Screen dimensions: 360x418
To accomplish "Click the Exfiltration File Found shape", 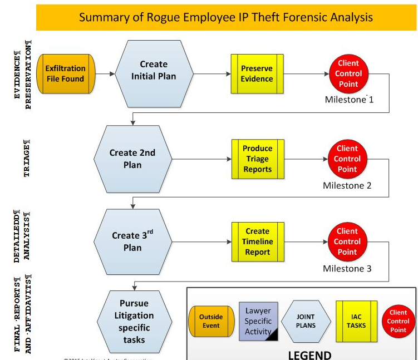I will [65, 73].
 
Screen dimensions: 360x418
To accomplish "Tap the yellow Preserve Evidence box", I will [257, 73].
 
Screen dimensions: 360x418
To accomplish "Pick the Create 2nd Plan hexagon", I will [132, 159].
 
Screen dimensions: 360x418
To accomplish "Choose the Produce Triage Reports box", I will [257, 159].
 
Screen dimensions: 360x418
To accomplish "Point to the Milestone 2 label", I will [347, 185].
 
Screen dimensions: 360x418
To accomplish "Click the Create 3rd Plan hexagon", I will [132, 241].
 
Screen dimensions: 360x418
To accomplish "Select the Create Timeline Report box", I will [257, 241].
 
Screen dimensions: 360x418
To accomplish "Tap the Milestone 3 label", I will [347, 269].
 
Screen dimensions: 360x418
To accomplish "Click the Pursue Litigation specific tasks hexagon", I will [134, 321].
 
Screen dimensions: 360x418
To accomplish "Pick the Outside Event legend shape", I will [211, 321].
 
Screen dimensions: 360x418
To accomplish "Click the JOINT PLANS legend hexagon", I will [306, 321].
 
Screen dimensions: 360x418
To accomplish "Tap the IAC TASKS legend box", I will [356, 321].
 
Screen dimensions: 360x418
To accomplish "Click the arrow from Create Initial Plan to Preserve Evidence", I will [212, 74].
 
